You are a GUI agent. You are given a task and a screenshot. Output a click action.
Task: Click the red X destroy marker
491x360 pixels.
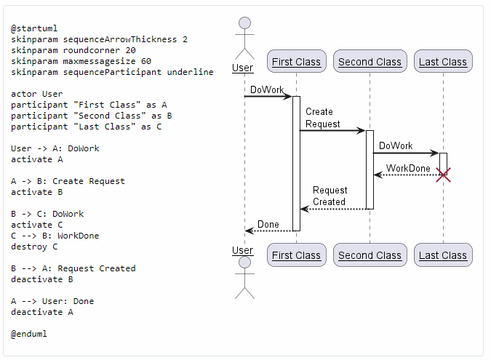pos(442,175)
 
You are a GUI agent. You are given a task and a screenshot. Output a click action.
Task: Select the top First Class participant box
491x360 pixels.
pos(296,62)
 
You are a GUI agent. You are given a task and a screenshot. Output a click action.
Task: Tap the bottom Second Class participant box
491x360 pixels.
pos(370,255)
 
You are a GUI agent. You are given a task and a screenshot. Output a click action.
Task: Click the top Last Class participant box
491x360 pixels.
pos(442,62)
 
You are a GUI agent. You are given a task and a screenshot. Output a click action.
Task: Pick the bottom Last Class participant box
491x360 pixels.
pos(442,255)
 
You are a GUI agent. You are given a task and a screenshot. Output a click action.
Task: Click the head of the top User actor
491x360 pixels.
pos(244,23)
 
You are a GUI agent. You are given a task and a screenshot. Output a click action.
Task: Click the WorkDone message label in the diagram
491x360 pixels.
pos(407,168)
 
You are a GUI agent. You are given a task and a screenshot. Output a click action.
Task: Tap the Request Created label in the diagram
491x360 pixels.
pos(330,196)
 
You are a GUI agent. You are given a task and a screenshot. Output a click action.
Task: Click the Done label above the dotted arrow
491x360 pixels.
pos(268,224)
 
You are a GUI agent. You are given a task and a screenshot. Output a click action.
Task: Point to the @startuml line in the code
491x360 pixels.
pos(34,28)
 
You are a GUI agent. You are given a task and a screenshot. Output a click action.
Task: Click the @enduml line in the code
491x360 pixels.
pos(29,334)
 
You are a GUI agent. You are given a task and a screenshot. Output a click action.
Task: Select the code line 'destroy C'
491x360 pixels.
pos(34,247)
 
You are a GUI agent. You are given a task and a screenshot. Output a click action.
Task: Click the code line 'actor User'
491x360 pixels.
pos(37,94)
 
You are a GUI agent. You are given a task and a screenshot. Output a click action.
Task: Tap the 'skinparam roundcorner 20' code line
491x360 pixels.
pos(73,50)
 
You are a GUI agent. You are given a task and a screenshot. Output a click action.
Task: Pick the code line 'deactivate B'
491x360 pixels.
pos(42,279)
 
